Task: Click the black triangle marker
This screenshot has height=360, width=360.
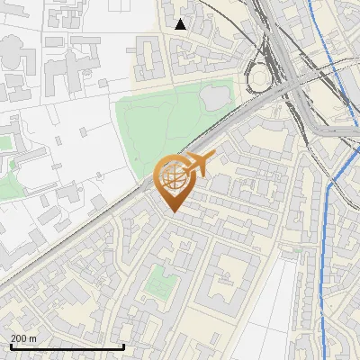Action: coord(181,24)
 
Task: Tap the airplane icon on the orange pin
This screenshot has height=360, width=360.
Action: coord(197,164)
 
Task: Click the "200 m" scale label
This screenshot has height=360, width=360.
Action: coord(24,337)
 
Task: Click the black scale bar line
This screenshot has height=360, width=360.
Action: coord(67,346)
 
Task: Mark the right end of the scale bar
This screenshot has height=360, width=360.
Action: coord(123,346)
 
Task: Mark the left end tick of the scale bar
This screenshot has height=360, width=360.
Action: coord(11,346)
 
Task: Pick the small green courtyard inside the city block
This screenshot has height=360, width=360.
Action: coord(161,281)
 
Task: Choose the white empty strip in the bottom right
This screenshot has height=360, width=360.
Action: coord(270,315)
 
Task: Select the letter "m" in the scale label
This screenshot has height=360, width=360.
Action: coord(33,337)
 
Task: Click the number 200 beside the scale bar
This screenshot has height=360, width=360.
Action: coord(19,337)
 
